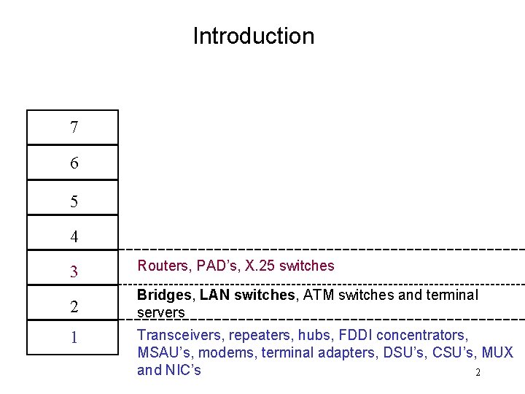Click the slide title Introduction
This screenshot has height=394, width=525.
[x=253, y=36]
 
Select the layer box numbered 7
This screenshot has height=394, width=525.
[x=72, y=128]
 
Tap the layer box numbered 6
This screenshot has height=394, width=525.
[x=72, y=163]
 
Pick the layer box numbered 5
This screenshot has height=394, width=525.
[x=72, y=199]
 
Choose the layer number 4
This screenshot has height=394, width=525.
[x=74, y=236]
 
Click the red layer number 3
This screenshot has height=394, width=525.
[x=74, y=272]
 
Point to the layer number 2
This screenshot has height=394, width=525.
[x=74, y=307]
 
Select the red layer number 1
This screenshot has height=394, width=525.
[x=74, y=339]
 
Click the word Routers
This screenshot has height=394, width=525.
[x=161, y=266]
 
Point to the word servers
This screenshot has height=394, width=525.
[x=161, y=312]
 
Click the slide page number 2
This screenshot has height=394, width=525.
[x=478, y=374]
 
